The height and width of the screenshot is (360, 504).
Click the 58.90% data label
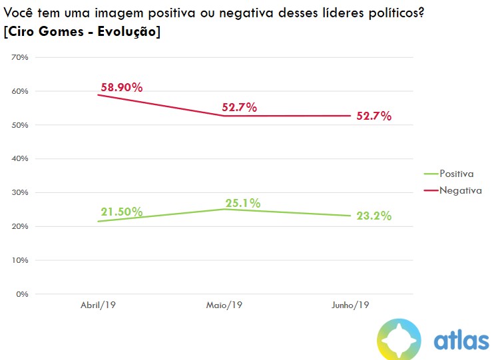pyautogui.click(x=122, y=87)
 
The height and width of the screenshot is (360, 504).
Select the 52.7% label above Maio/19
pyautogui.click(x=240, y=107)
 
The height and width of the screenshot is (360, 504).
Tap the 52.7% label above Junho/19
pyautogui.click(x=373, y=116)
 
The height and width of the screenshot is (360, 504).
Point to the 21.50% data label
pyautogui.click(x=122, y=212)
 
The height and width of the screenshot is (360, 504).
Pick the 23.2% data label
pyautogui.click(x=373, y=216)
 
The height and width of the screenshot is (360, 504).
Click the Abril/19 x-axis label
pyautogui.click(x=99, y=305)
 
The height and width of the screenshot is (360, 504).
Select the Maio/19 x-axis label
pyautogui.click(x=224, y=305)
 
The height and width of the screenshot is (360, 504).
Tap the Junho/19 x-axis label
pyautogui.click(x=350, y=305)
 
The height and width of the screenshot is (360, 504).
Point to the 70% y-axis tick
pyautogui.click(x=20, y=57)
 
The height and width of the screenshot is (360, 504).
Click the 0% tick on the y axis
pyautogui.click(x=22, y=293)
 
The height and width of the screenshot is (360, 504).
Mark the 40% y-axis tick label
pyautogui.click(x=20, y=158)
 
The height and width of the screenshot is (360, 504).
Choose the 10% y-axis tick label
pyautogui.click(x=20, y=260)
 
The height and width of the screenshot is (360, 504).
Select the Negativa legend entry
pyautogui.click(x=457, y=190)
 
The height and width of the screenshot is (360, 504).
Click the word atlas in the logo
pyautogui.click(x=461, y=340)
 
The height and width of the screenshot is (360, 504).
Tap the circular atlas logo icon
pyautogui.click(x=399, y=340)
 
